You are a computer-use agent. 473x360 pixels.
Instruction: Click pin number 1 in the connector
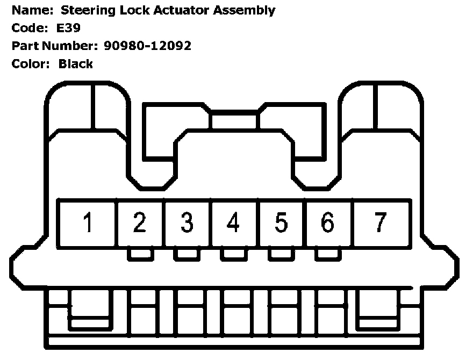point(87,222)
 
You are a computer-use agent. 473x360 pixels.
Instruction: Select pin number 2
point(139,222)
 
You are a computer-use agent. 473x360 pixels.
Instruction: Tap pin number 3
point(187,222)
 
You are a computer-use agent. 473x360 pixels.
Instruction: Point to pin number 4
point(233,222)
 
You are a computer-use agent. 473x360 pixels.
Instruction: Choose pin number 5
point(281,222)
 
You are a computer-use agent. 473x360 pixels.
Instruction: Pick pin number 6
point(327,222)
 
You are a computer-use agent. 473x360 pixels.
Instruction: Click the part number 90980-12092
point(148,46)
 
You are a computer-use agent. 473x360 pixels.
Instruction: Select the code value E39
point(69,28)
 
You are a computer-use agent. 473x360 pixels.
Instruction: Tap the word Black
point(76,64)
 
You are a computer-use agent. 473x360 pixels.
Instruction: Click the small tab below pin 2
point(139,255)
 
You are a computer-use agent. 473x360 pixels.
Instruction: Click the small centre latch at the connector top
point(234,120)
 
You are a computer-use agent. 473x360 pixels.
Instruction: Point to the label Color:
point(31,64)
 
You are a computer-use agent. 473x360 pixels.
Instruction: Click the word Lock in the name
point(129,10)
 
